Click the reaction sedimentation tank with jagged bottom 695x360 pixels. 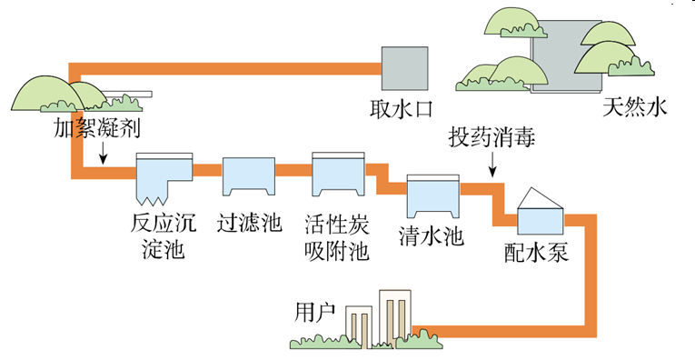(x=164, y=178)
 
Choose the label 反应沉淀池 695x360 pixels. (x=164, y=234)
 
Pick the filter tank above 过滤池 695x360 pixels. (x=248, y=175)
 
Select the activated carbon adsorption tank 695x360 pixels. (x=337, y=175)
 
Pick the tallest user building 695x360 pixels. (x=392, y=317)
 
